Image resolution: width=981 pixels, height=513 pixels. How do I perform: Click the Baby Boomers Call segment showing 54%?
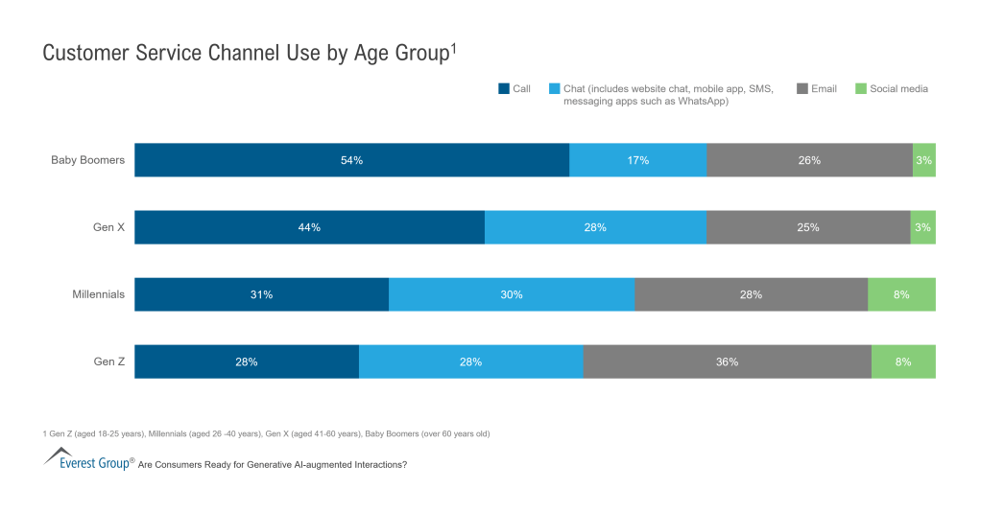coord(351,160)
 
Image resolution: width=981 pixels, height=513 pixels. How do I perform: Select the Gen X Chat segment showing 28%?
coord(595,227)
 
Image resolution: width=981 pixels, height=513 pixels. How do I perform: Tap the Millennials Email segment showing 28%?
coord(751,294)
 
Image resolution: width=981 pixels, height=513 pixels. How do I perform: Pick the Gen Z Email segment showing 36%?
coord(727,361)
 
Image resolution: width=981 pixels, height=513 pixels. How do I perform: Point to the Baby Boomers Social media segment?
coord(923,160)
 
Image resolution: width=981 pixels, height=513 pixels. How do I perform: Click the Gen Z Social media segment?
coord(902,361)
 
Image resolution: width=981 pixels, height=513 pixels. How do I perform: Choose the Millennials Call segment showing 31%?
coord(261,294)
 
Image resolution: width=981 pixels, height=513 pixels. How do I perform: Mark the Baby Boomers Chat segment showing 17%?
coord(637,160)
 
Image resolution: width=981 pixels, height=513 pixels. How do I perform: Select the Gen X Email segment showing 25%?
coord(807,227)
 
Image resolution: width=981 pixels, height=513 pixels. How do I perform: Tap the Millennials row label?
coord(98,294)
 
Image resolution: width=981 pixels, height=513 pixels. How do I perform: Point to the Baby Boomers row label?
coord(87,160)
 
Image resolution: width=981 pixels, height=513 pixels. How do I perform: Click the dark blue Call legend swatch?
coord(503,89)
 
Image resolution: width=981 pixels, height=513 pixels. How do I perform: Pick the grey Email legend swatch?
coord(802,89)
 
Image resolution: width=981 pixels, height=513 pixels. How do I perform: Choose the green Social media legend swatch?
coord(860,89)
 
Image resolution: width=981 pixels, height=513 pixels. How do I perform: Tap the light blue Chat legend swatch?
coord(554,89)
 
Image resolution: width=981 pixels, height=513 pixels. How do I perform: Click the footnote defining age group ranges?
coord(266,433)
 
